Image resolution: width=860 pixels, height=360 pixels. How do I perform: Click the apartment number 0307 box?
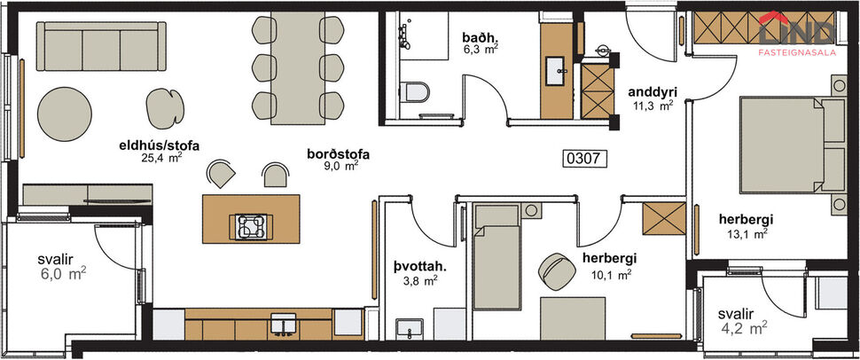[x=585, y=160]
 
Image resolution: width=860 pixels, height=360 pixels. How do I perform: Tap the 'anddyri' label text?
[x=653, y=91]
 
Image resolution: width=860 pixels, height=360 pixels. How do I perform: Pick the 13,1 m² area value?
[x=746, y=234]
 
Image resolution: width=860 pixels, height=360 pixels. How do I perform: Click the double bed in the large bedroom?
[x=785, y=142]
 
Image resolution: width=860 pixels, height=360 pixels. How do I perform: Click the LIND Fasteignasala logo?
[x=795, y=35]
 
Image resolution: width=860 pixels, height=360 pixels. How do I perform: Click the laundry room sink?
[x=409, y=327]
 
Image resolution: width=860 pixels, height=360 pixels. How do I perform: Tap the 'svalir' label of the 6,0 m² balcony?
[x=56, y=259]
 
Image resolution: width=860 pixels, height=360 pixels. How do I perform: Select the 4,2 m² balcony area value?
[x=745, y=329]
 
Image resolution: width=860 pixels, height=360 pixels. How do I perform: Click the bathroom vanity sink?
[x=558, y=67]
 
